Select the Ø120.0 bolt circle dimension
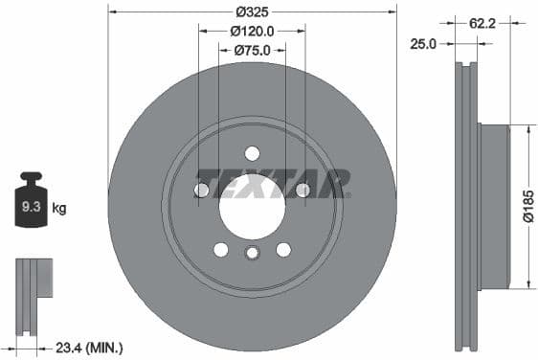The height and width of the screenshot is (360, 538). click(252, 31)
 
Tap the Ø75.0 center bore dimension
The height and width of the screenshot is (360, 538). click(252, 49)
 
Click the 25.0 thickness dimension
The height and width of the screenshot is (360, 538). click(424, 44)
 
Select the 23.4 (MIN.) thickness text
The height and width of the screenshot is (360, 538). click(91, 347)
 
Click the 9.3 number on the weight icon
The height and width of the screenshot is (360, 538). click(31, 206)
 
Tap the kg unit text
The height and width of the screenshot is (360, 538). click(59, 207)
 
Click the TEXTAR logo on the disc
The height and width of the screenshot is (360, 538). click(274, 182)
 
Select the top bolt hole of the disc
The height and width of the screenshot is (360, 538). click(252, 153)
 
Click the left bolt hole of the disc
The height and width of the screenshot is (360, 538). click(202, 191)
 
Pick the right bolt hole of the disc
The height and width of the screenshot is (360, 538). click(303, 191)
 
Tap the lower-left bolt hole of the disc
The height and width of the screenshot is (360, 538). click(221, 249)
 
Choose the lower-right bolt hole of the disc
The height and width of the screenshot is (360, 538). click(283, 249)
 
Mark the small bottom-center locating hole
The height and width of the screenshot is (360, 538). click(252, 254)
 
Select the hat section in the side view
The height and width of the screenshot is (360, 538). click(492, 206)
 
